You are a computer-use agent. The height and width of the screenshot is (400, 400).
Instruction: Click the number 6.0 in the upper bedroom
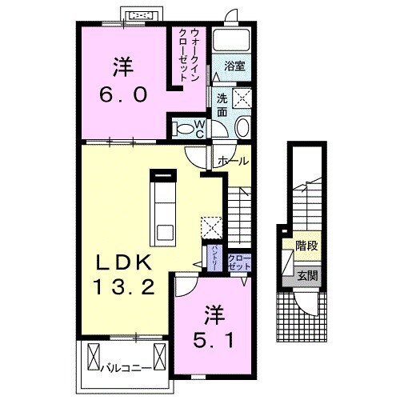(x=122, y=95)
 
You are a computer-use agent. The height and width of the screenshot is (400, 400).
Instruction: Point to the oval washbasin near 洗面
(x=242, y=130)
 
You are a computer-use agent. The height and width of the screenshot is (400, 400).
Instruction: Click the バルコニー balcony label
(x=130, y=369)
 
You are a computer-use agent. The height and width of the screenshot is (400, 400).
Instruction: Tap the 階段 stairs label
(x=305, y=246)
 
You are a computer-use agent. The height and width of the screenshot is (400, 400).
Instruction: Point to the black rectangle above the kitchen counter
(x=162, y=172)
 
